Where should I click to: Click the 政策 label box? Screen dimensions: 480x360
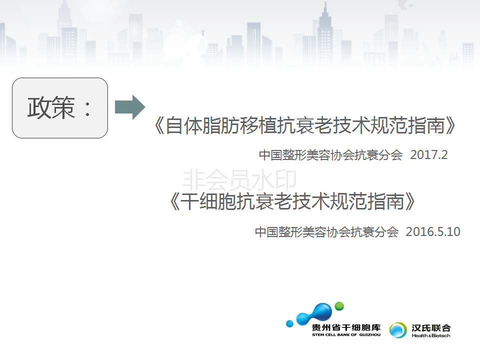click(60, 108)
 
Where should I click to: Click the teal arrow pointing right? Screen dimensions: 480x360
click(130, 107)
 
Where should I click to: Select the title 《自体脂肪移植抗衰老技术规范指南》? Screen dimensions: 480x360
click(305, 125)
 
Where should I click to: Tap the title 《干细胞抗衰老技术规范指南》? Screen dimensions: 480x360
click(292, 201)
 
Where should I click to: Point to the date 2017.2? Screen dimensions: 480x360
click(429, 155)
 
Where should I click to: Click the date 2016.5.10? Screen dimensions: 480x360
click(433, 231)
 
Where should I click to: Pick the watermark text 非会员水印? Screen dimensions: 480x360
click(239, 180)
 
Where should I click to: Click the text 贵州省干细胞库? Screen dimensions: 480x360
click(346, 328)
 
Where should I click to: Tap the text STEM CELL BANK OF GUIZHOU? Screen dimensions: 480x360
click(346, 335)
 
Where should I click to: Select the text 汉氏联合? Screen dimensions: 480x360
click(431, 328)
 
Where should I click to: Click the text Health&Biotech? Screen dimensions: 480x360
click(431, 336)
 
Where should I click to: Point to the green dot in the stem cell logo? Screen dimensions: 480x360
click(339, 306)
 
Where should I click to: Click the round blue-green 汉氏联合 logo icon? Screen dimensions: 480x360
click(398, 330)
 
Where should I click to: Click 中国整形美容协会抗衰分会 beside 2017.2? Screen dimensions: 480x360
click(330, 155)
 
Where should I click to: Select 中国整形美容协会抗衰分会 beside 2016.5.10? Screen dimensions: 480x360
click(326, 232)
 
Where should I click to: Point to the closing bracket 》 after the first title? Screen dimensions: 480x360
click(450, 125)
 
